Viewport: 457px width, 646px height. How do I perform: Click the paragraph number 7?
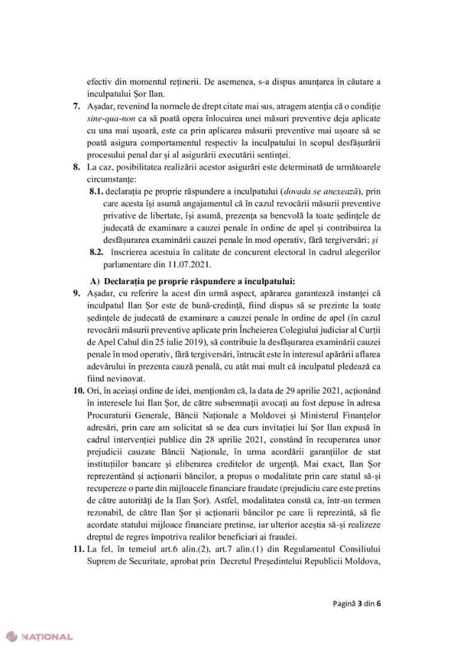(x=76, y=106)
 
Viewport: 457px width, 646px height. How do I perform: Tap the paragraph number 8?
(x=76, y=168)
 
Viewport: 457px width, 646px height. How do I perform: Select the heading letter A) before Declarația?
(x=96, y=281)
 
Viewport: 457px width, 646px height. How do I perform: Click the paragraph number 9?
(x=76, y=294)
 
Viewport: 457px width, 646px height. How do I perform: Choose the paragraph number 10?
(x=78, y=394)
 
